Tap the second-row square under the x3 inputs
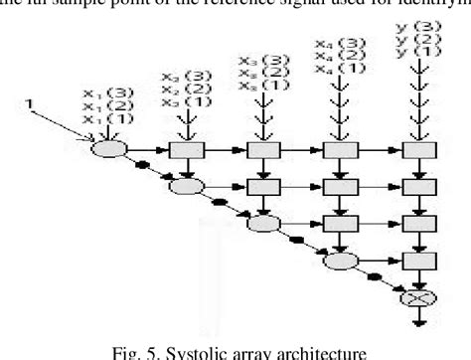point(261,185)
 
